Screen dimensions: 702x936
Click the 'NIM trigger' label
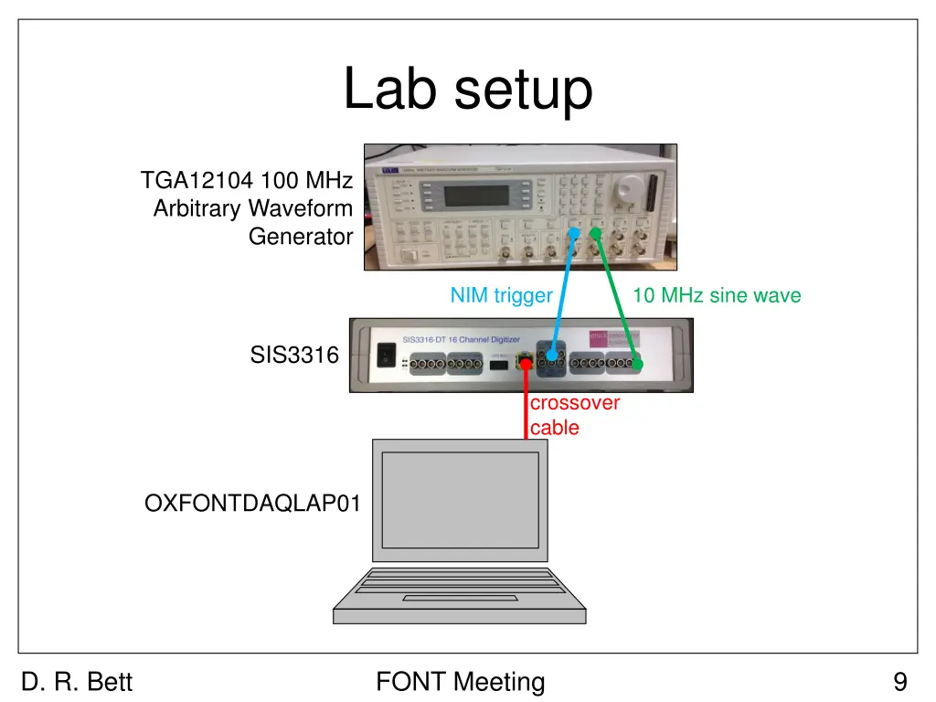pos(501,295)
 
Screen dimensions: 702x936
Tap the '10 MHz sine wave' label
pos(716,295)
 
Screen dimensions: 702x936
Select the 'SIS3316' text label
pos(294,356)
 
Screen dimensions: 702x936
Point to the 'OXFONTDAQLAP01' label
pos(252,504)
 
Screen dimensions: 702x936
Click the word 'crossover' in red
pos(574,403)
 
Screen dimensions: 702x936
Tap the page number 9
pos(900,682)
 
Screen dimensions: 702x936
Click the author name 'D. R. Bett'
pos(77,682)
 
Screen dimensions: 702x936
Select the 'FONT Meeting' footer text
pos(460,682)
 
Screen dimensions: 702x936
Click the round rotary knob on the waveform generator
pos(628,190)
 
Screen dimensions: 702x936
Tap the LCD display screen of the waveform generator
pos(476,196)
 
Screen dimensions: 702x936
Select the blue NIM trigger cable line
pos(561,292)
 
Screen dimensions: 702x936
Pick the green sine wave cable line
pos(614,292)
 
